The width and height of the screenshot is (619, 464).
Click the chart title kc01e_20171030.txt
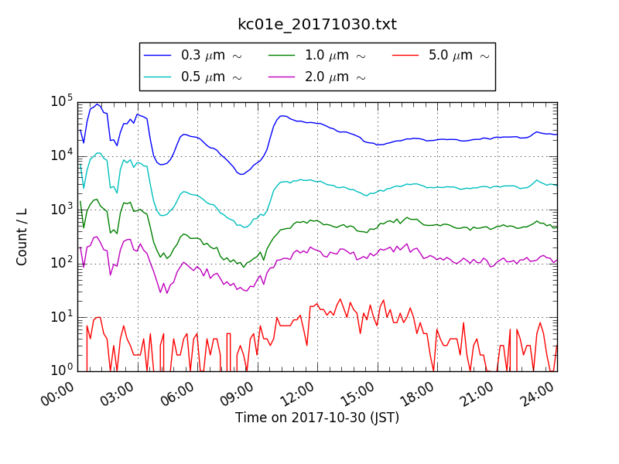tap(317, 25)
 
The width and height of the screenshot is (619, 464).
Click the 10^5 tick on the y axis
tap(62, 102)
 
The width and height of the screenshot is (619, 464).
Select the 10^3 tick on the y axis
tap(62, 210)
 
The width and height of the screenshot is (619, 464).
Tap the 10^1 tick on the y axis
tap(62, 317)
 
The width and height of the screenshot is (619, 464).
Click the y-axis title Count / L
tap(22, 237)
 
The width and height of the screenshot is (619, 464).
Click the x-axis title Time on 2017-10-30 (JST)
tap(317, 418)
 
